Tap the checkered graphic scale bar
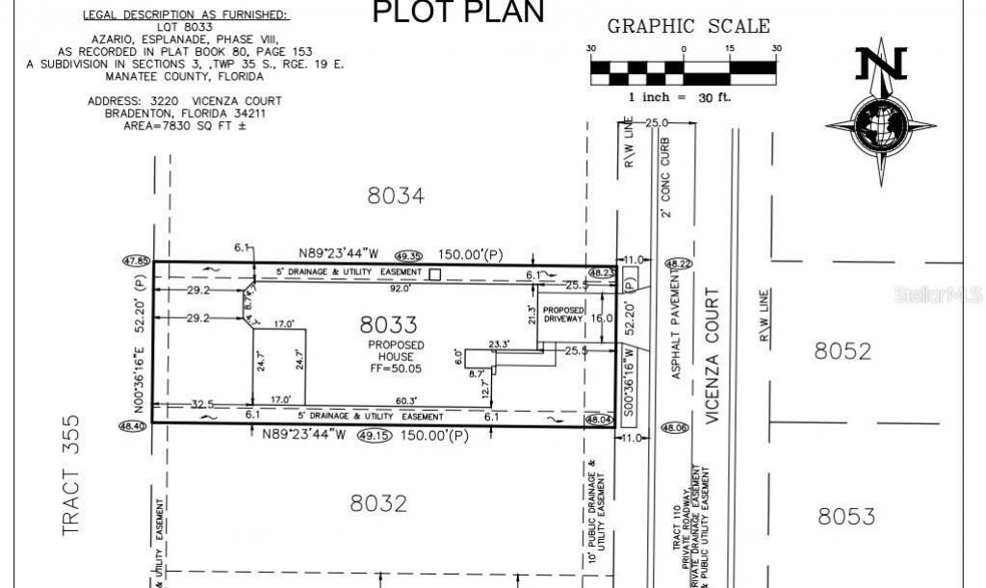[x=683, y=69]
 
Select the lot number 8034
[x=396, y=195]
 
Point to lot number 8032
[x=378, y=503]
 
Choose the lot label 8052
[x=843, y=350]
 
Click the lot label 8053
[x=846, y=517]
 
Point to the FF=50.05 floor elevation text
[x=390, y=368]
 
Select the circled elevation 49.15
[x=370, y=436]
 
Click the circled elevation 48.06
[x=673, y=428]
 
